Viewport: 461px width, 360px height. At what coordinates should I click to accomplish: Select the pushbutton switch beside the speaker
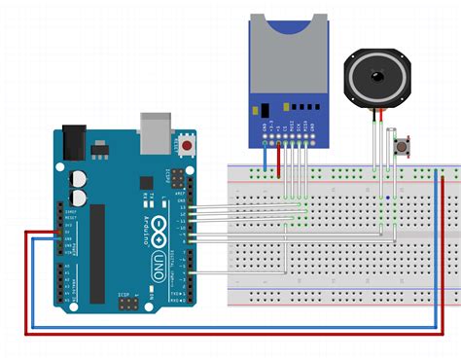(399, 146)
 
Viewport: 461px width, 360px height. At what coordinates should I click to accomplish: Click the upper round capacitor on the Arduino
(79, 179)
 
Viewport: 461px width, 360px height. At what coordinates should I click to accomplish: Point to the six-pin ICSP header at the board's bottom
(127, 305)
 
